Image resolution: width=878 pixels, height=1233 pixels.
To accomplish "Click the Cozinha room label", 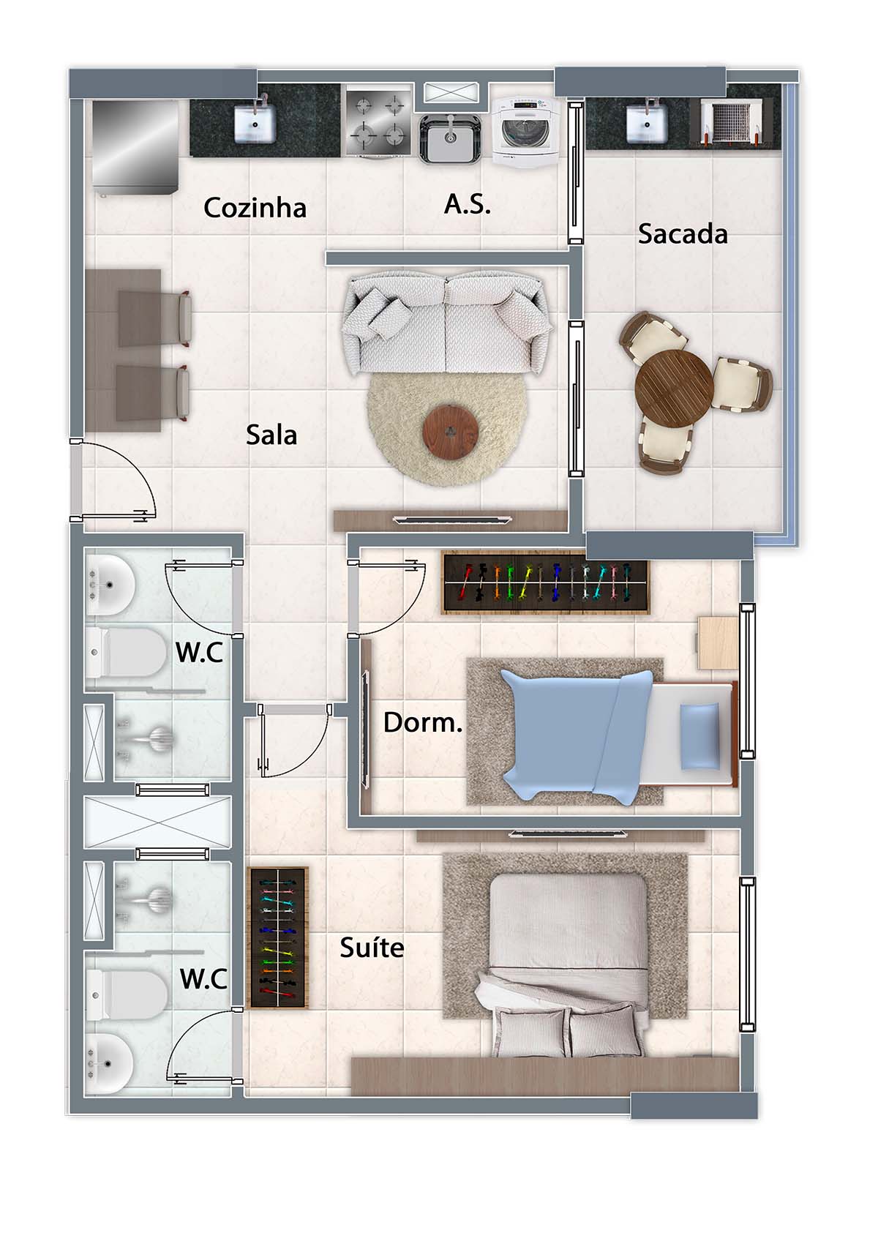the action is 255,208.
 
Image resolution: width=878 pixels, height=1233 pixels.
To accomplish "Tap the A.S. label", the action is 468,204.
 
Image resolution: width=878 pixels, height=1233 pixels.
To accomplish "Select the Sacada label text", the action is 683,234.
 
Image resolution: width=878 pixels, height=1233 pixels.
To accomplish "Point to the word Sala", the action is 271,435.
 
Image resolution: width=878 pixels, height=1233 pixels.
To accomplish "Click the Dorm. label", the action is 423,722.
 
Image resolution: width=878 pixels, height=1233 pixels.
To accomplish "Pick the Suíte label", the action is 372,948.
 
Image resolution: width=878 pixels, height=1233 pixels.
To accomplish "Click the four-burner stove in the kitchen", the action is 379,123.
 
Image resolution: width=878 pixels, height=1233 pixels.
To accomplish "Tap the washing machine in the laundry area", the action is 525,132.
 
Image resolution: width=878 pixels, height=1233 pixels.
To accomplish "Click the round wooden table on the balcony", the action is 674,388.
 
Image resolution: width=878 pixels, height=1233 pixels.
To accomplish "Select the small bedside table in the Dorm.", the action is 718,643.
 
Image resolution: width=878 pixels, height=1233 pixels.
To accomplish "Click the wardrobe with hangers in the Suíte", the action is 278,938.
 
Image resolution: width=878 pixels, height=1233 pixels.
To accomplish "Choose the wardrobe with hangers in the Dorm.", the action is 546,582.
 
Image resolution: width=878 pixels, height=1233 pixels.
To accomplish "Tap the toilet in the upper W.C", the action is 126,652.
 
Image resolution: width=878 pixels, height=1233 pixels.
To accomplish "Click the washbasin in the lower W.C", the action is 110,1063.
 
